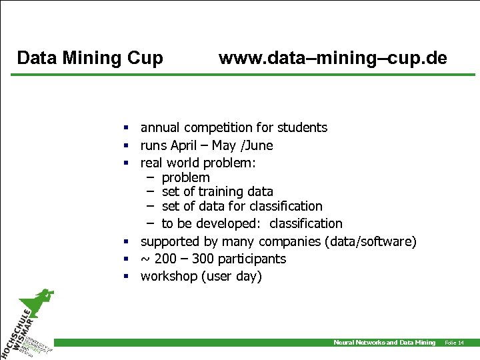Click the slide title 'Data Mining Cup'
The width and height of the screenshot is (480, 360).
click(90, 59)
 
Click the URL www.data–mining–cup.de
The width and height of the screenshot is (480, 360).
click(333, 59)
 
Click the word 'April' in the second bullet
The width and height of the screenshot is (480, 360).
click(185, 145)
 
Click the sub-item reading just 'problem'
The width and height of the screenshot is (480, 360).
click(185, 177)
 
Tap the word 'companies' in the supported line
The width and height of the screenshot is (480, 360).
click(289, 241)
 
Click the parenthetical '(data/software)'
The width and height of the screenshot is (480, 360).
click(370, 241)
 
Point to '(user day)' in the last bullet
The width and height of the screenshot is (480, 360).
click(231, 276)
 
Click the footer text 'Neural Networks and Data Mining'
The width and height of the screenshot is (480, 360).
click(384, 343)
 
